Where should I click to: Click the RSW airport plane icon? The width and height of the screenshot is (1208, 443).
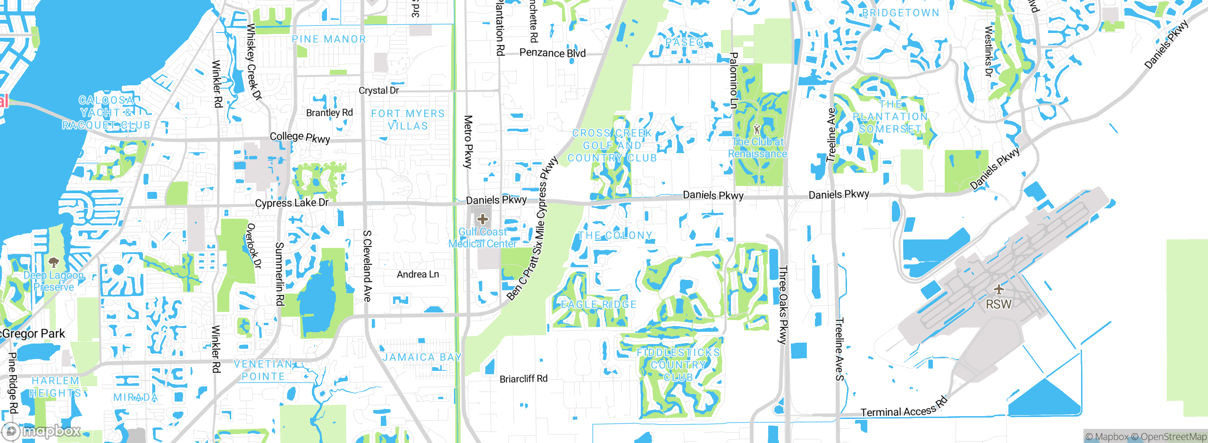tap(998, 289)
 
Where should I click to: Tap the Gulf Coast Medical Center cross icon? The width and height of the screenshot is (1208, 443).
tap(482, 219)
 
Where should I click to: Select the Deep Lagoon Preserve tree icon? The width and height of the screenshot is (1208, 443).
tap(54, 262)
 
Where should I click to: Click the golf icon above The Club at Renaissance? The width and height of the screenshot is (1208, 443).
tap(757, 128)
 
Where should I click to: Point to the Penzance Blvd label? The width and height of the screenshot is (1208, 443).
tap(552, 53)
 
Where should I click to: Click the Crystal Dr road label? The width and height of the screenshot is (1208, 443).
tap(378, 90)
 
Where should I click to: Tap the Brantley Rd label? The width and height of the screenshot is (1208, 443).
tap(329, 113)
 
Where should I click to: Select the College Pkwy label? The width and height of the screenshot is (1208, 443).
tap(300, 137)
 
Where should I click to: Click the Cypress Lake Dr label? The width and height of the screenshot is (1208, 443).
tap(292, 203)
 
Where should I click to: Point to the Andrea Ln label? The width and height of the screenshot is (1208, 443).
tap(418, 274)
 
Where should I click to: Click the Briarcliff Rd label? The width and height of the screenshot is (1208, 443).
tap(523, 378)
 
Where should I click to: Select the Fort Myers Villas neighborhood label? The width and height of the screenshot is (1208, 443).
tap(408, 120)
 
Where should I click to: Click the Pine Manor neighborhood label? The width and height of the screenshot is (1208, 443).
tap(329, 39)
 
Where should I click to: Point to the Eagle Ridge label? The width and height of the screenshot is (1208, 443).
tap(598, 304)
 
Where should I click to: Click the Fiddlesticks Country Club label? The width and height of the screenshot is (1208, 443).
tap(678, 365)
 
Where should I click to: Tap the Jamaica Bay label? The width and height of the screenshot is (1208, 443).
tap(421, 357)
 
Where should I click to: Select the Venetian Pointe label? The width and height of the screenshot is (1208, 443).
tap(263, 370)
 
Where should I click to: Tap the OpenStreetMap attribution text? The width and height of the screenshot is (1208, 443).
tap(1172, 437)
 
